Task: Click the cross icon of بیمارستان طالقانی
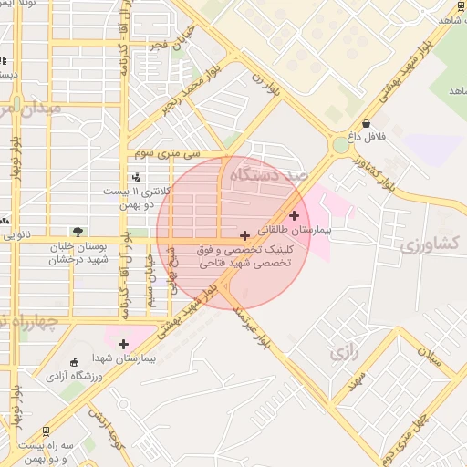pos(294,215)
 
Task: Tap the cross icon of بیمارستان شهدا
pos(123,344)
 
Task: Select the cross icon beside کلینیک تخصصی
pos(244,235)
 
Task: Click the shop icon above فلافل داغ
pos(367,124)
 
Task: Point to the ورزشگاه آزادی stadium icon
pos(75,362)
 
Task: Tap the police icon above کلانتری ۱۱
pos(136,177)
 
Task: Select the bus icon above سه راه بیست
pos(47,430)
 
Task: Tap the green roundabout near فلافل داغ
pos(340,144)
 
